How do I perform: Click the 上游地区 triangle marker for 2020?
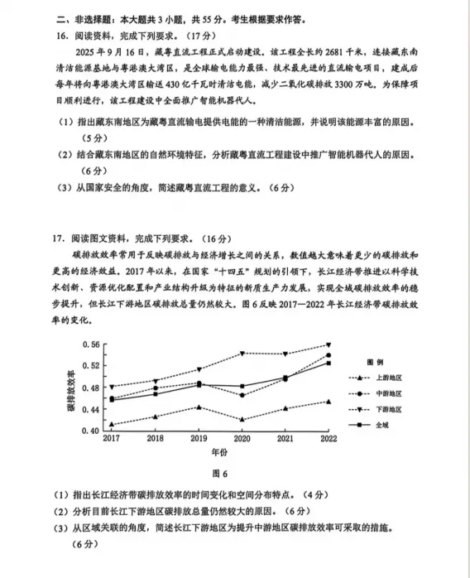pyautogui.click(x=242, y=419)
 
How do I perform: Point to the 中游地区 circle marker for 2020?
pyautogui.click(x=242, y=395)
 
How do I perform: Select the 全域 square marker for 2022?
pyautogui.click(x=329, y=363)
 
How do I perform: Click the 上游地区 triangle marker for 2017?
pyautogui.click(x=112, y=424)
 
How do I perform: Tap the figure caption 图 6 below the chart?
pyautogui.click(x=218, y=474)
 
